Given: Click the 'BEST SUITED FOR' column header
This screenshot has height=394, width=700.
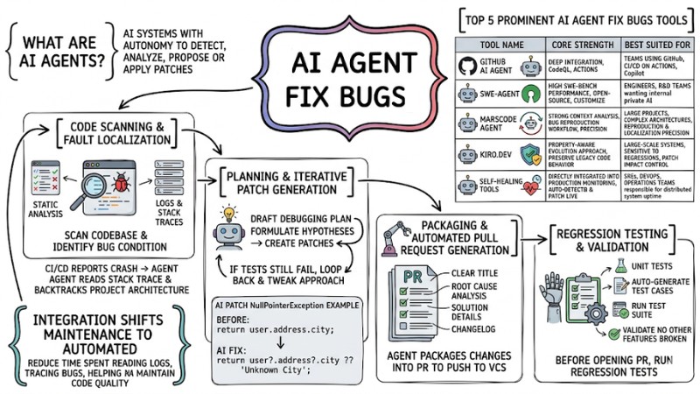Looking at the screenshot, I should (655, 43).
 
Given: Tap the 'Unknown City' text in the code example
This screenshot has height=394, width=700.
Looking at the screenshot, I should (281, 369).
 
